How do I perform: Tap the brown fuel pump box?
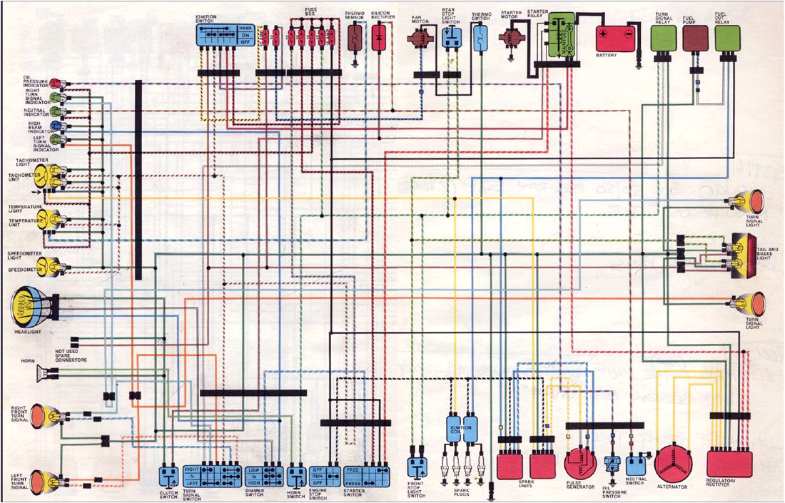[695, 39]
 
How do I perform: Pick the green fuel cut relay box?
[727, 39]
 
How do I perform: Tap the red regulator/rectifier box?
[729, 463]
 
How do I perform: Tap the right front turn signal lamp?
[44, 416]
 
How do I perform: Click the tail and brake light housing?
[742, 255]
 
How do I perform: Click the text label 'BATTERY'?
[607, 56]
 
